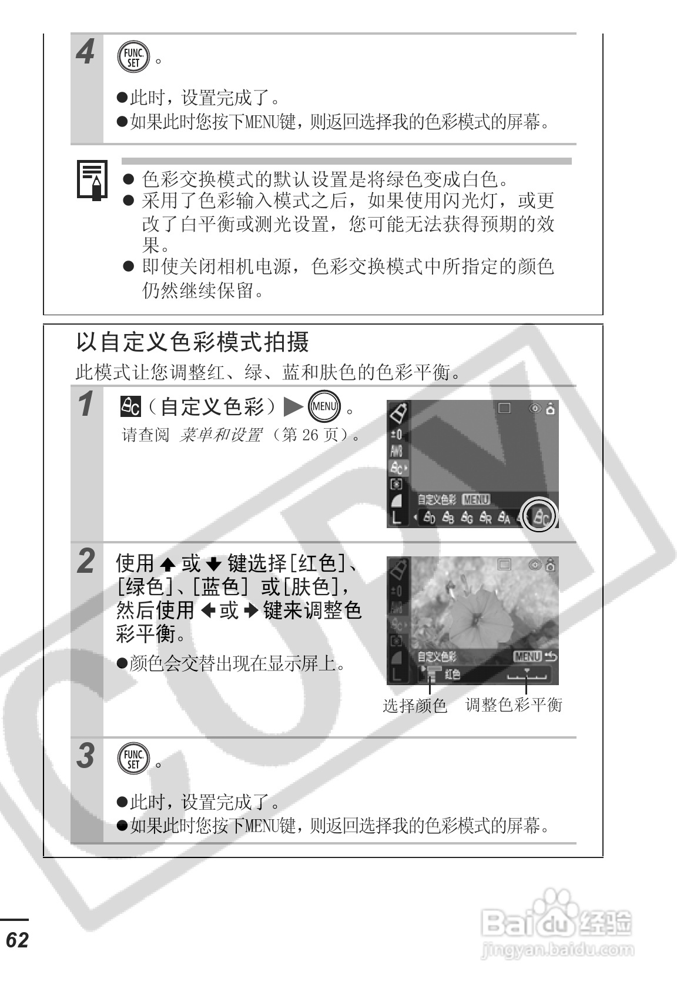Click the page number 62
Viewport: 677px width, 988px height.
click(18, 940)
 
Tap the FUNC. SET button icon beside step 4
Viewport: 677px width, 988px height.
click(134, 58)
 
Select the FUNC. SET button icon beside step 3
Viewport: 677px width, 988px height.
click(134, 759)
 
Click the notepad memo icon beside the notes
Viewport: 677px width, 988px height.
click(92, 181)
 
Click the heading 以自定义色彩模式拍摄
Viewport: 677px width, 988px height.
click(193, 342)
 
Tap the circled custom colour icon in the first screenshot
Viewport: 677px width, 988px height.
click(540, 516)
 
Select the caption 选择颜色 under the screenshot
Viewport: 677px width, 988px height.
click(415, 706)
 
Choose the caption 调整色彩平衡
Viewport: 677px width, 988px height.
click(514, 705)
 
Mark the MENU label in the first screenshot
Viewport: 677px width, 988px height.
click(475, 500)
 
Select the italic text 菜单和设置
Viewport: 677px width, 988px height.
click(220, 436)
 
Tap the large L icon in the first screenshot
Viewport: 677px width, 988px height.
click(397, 518)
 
